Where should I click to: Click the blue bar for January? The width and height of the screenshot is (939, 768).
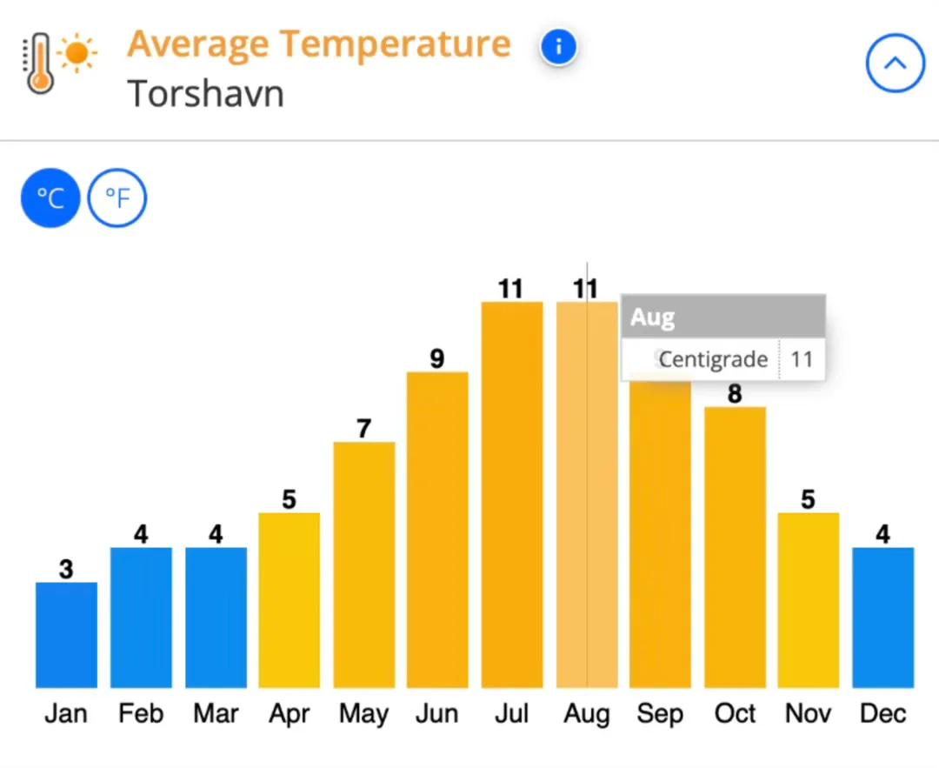coord(66,635)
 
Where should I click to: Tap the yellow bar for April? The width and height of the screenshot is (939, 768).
coord(289,600)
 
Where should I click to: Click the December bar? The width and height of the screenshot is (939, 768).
coord(882,618)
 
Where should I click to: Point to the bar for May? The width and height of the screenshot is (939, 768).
coord(363,564)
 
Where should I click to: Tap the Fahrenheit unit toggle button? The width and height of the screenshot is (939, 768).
coord(117,198)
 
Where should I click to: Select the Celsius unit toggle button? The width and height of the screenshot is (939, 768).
coord(50,198)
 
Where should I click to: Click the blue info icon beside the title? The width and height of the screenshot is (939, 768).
coord(558,47)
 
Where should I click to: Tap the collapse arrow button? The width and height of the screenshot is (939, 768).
coord(895,63)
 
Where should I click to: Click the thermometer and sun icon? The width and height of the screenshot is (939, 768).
coord(59,63)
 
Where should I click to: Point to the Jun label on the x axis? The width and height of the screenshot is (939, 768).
coord(436,714)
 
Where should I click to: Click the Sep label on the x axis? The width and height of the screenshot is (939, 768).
coord(660,714)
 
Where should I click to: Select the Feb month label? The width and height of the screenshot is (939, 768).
coord(141,714)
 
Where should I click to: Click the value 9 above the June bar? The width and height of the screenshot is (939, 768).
coord(437,358)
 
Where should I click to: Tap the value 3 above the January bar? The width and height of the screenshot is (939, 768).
coord(66,570)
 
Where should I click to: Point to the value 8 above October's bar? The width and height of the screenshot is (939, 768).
coord(735,394)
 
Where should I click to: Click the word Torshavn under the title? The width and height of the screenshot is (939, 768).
coord(206,93)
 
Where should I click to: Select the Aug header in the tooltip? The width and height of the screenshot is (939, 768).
coord(653,317)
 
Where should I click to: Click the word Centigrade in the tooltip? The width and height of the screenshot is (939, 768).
coord(713,359)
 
